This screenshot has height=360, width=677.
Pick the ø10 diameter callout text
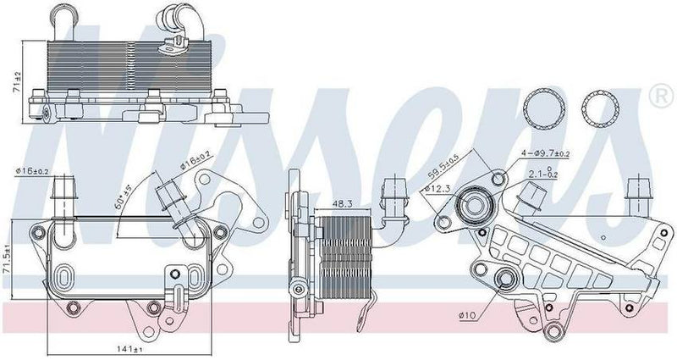coord(470,317)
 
